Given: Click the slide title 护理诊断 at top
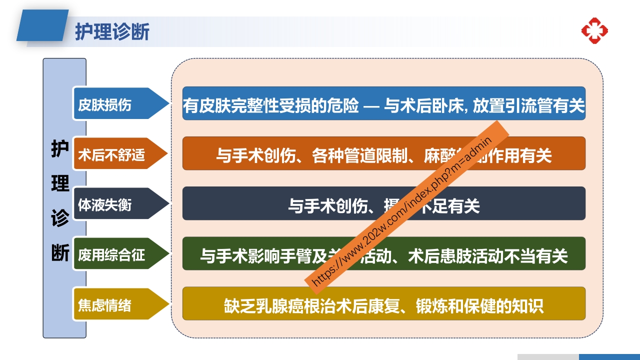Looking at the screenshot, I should pos(112,31).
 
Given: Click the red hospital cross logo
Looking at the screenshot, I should pos(594,30).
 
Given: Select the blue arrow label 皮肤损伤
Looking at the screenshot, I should pos(105,105).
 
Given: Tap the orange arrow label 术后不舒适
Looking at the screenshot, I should pos(111,155).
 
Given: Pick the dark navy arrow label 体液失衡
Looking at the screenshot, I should pos(105,205).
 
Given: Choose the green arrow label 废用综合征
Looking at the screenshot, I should pos(111,255).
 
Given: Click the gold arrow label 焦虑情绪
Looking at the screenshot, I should pos(105,305).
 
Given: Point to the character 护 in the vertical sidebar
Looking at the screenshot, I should pos(60,149).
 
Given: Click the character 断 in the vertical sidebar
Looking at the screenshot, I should pos(60,253).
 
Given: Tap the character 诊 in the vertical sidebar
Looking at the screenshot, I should pos(60,218).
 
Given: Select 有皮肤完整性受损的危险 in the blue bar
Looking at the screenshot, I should pos(270,105).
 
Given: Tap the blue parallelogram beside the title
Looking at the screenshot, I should pos(42,25).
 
